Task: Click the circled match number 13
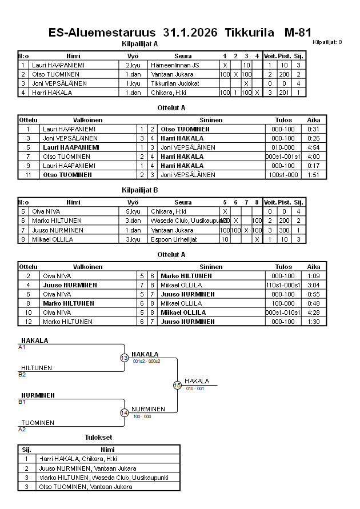(124, 358)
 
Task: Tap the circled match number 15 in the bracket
(177, 385)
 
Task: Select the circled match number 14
(124, 412)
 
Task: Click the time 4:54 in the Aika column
(313, 147)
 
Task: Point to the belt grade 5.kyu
(133, 211)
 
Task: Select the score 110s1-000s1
(283, 285)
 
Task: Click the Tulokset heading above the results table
(98, 438)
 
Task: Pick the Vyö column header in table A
(133, 56)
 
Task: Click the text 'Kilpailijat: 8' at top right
(327, 42)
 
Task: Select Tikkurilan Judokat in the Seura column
(175, 83)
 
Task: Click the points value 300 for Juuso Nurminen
(284, 230)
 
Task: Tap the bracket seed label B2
(22, 375)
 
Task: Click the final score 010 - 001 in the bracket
(195, 388)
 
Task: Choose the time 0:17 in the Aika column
(313, 166)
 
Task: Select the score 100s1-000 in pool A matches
(283, 175)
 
